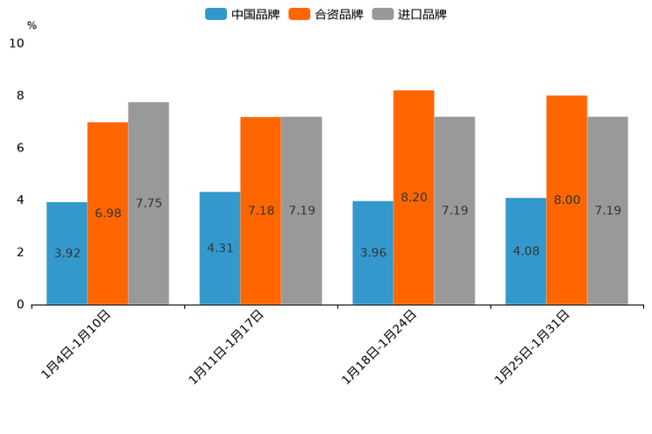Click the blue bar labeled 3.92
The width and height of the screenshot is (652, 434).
pyautogui.click(x=67, y=253)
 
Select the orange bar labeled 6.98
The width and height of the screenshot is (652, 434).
pyautogui.click(x=108, y=213)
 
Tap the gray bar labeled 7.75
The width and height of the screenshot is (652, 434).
pyautogui.click(x=148, y=203)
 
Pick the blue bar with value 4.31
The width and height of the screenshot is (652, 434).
pyautogui.click(x=220, y=248)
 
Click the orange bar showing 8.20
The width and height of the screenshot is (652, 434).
pyautogui.click(x=414, y=197)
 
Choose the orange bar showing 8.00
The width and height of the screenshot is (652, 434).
pyautogui.click(x=566, y=199)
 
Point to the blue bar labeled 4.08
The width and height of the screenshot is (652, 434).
pyautogui.click(x=526, y=251)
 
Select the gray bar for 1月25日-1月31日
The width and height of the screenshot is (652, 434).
pyautogui.click(x=607, y=210)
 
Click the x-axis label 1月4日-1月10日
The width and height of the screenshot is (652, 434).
pyautogui.click(x=77, y=343)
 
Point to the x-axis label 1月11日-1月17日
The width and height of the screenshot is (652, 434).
pyautogui.click(x=227, y=346)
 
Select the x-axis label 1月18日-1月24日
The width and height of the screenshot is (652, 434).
pyautogui.click(x=379, y=346)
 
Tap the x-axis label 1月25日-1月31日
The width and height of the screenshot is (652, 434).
pyautogui.click(x=533, y=346)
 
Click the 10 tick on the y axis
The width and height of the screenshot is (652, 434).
pyautogui.click(x=17, y=43)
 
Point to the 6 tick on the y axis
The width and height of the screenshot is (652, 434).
pyautogui.click(x=20, y=148)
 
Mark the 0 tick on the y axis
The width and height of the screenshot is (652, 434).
pyautogui.click(x=20, y=304)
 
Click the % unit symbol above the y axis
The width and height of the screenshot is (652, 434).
pyautogui.click(x=32, y=25)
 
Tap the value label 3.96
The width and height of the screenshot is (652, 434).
pyautogui.click(x=373, y=253)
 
